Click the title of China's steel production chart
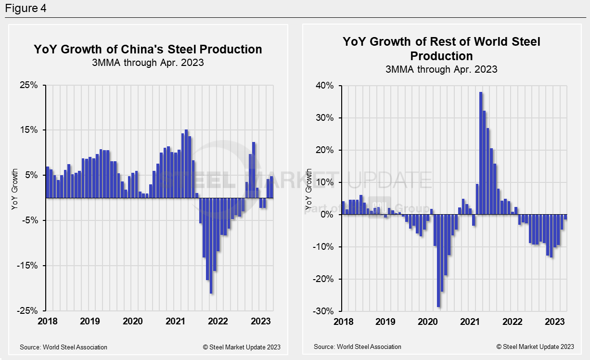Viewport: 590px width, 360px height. [148, 50]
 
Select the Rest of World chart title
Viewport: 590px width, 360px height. [441, 48]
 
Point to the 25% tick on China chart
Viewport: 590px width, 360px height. [28, 86]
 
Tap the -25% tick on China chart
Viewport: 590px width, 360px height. [27, 311]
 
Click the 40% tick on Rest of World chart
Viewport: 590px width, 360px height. [324, 86]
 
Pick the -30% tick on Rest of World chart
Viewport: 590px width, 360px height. [323, 311]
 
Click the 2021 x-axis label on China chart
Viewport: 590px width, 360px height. [176, 321]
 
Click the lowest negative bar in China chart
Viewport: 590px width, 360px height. [211, 245]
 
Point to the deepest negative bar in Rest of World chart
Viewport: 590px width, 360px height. [438, 260]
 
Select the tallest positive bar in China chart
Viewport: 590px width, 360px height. [186, 164]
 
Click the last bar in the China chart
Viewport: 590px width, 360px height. [271, 187]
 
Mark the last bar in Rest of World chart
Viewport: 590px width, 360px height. [565, 217]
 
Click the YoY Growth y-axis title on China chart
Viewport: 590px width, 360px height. [14, 189]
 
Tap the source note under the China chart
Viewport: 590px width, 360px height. [64, 347]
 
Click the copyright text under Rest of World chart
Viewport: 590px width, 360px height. [535, 347]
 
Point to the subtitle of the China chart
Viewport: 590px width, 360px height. [148, 63]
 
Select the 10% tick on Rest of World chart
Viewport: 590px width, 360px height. [324, 182]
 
